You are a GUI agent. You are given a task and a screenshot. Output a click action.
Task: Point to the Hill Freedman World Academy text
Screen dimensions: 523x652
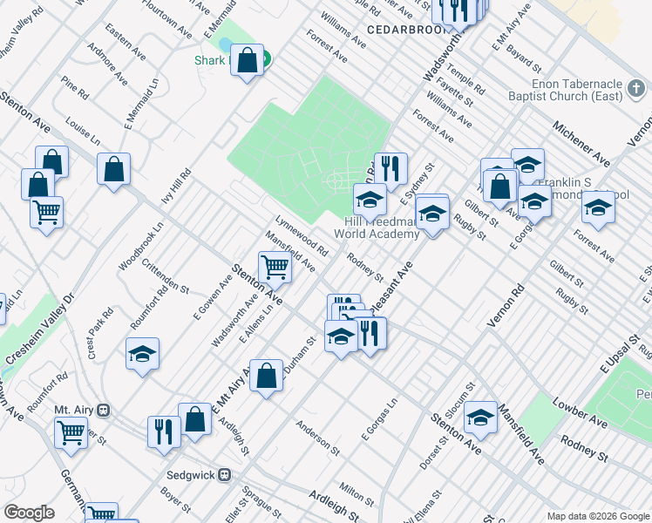coord(377,228)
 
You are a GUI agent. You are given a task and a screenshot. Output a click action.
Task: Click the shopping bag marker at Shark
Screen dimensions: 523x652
coord(248,61)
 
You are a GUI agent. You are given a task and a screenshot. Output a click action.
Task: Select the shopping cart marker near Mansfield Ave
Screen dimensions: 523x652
coord(275,268)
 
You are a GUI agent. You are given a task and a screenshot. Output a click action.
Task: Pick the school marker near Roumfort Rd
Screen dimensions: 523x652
coord(142,355)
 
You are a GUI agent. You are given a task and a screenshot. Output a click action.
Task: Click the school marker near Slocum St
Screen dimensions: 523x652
coord(480,418)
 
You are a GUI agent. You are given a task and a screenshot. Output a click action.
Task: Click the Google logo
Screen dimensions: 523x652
coord(29,513)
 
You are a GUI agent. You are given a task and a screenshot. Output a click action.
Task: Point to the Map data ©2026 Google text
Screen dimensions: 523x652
coord(597,516)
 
